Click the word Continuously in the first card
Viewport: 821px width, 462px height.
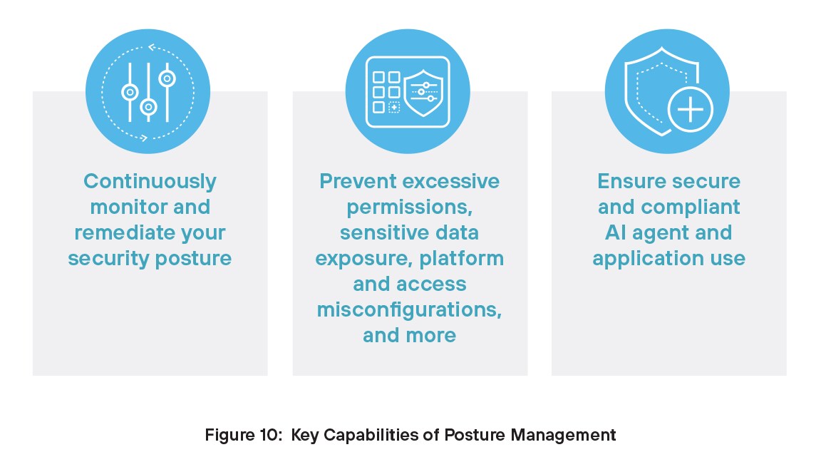click(x=150, y=182)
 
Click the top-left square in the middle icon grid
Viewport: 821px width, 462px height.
click(x=378, y=77)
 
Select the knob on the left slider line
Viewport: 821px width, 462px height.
click(x=130, y=92)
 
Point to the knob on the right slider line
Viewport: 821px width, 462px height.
click(x=167, y=78)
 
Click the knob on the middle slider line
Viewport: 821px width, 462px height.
click(x=148, y=107)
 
